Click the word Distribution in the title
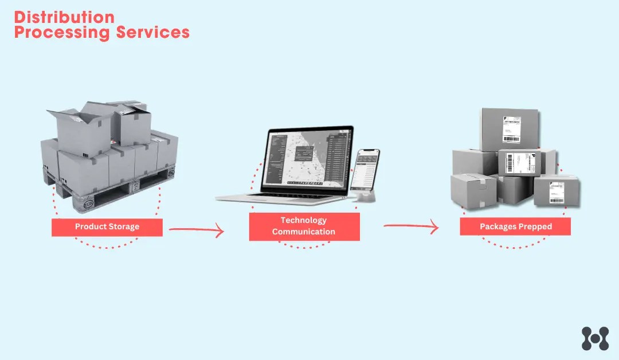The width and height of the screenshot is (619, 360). (x=64, y=17)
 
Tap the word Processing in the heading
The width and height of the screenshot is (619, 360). (x=62, y=33)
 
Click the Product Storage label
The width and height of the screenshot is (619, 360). (x=107, y=227)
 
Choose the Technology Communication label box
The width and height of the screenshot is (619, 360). (x=304, y=226)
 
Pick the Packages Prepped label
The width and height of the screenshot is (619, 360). (x=515, y=226)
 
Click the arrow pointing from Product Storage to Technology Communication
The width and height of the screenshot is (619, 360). (x=196, y=231)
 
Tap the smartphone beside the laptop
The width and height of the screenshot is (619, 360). (x=365, y=170)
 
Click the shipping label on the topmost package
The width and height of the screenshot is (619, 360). (x=511, y=129)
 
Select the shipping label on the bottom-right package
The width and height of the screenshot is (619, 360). (x=556, y=193)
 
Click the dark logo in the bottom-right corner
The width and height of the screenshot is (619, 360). (x=594, y=338)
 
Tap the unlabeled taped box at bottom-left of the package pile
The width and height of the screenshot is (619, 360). (x=473, y=191)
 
